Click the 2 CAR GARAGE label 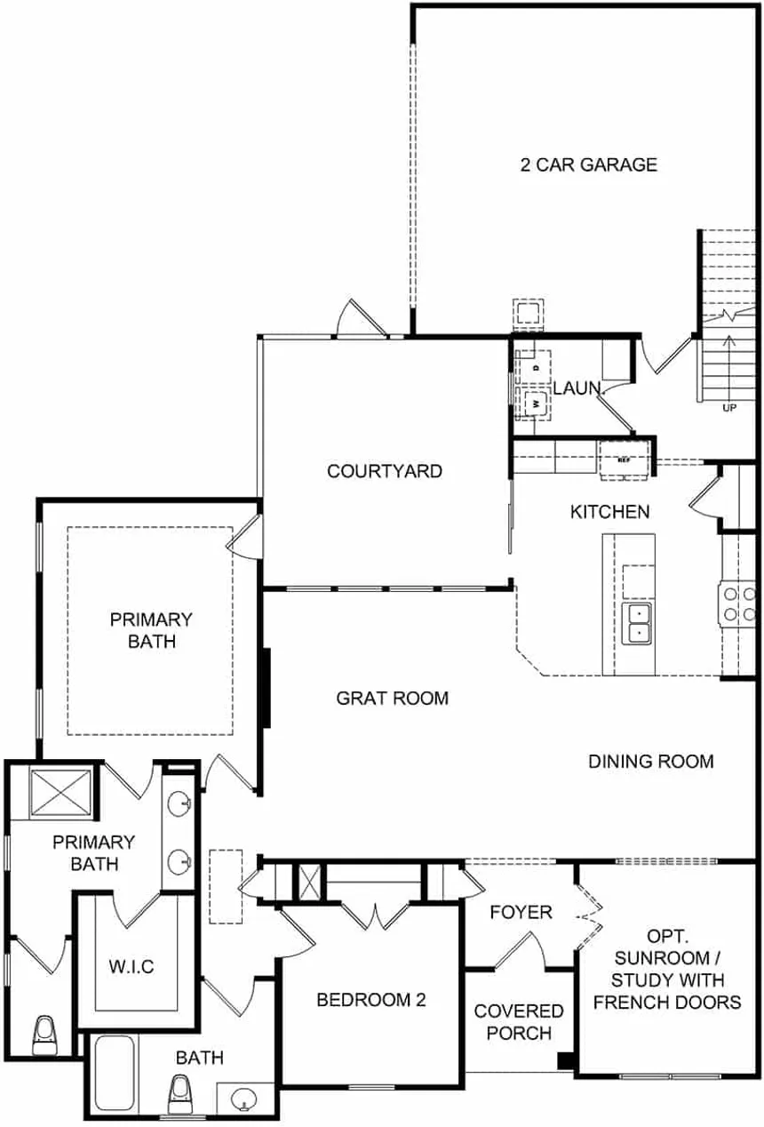click(x=588, y=165)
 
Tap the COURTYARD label click(x=385, y=471)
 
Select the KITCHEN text click(x=609, y=512)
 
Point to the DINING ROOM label click(x=651, y=761)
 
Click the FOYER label click(x=521, y=912)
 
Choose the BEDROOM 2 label click(x=371, y=1000)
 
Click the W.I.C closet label click(x=131, y=966)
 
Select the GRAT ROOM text click(x=393, y=699)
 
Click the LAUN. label click(x=577, y=388)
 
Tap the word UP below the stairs click(x=729, y=408)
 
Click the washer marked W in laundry click(x=536, y=403)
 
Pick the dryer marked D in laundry click(x=536, y=367)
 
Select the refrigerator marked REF click(x=624, y=460)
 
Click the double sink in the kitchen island click(x=636, y=623)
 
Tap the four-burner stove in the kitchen click(x=738, y=604)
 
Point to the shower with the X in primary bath click(x=61, y=792)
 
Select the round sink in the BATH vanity click(x=244, y=1099)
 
